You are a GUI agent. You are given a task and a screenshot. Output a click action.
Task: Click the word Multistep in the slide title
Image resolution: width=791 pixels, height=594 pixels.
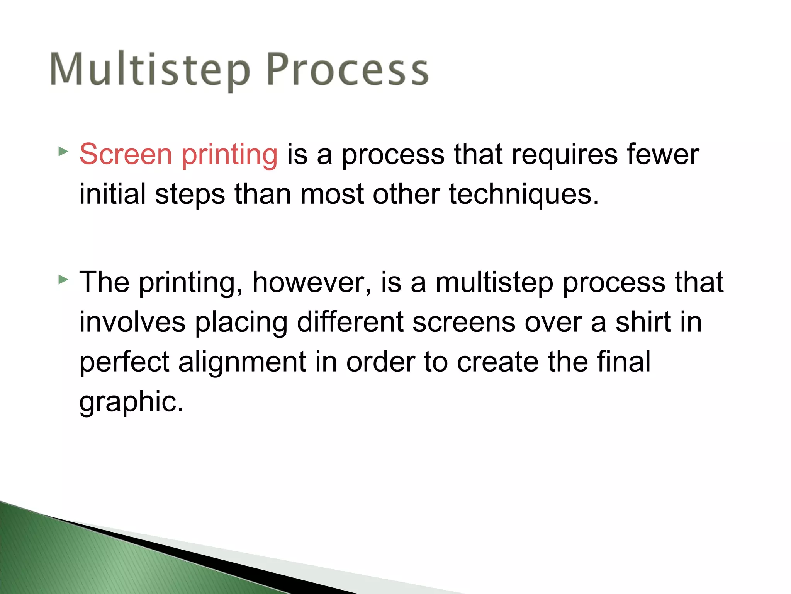coord(150,70)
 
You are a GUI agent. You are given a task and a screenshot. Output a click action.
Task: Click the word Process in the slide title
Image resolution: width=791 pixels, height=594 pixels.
coord(348,70)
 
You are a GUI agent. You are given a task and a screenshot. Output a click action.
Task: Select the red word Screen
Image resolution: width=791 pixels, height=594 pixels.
coord(126,154)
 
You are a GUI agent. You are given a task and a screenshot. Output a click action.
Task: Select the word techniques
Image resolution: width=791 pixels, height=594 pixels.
coord(523,195)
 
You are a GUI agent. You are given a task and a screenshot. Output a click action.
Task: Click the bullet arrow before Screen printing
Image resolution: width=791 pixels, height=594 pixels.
coord(63,151)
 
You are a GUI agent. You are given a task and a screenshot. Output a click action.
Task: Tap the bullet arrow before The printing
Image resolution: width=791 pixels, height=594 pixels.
coord(63,279)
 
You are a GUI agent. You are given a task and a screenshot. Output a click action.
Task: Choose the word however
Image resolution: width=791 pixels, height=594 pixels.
coord(312,283)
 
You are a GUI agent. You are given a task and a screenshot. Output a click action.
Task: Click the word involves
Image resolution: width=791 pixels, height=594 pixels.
coord(132,322)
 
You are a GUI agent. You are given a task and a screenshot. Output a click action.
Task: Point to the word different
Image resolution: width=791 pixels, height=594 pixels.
coord(350,322)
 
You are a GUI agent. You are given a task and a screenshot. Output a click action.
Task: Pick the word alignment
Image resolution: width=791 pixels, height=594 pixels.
coord(242,363)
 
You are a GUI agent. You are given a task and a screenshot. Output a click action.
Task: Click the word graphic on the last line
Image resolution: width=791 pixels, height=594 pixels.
coord(131,403)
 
